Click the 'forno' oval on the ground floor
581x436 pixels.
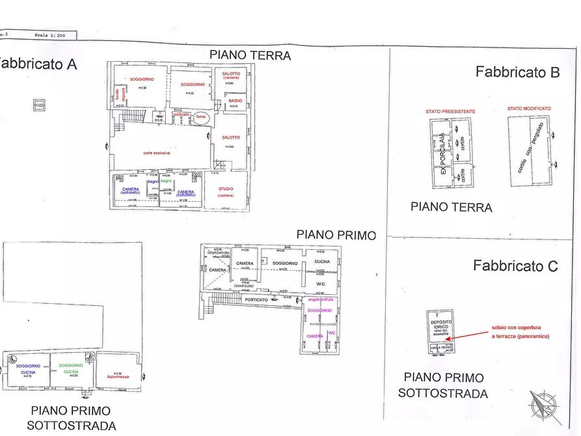tap(201, 119)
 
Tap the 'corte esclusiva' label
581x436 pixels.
tap(157, 153)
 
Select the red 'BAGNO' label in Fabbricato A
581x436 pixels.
tap(235, 100)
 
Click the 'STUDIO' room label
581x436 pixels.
tap(226, 189)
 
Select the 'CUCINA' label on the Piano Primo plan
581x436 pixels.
tap(322, 262)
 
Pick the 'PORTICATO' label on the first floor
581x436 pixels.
tap(256, 299)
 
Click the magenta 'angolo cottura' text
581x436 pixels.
tap(321, 299)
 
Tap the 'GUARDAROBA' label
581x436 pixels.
tap(215, 253)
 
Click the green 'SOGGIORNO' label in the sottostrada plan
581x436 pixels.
tap(72, 366)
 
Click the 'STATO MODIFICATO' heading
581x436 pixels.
tap(529, 109)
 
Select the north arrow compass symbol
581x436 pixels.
tap(545, 407)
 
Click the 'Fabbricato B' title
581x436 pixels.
tap(517, 72)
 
